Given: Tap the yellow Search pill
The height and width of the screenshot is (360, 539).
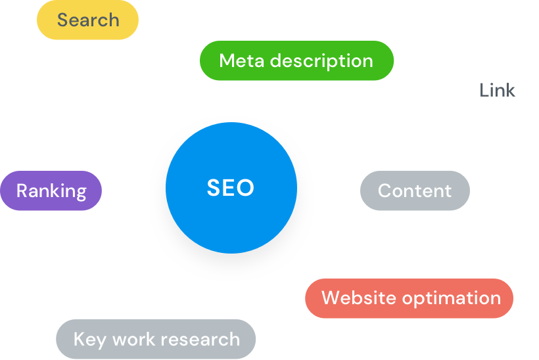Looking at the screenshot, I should tap(87, 20).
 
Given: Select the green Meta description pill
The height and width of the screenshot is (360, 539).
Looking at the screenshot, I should tap(296, 61).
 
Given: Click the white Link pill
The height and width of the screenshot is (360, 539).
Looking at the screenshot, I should tap(497, 91).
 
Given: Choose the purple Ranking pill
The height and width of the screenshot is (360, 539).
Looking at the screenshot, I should tap(51, 191).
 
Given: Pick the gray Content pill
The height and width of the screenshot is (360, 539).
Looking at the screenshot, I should tap(415, 191).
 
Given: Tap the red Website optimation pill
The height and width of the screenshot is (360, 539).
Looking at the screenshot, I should tap(409, 298).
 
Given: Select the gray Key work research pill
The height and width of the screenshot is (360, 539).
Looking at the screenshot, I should tap(156, 340).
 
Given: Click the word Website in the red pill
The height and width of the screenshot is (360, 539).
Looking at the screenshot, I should tap(358, 298).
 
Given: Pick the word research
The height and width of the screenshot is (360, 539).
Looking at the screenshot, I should tap(200, 340).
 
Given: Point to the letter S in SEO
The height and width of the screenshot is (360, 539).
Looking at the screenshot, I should tap(213, 189).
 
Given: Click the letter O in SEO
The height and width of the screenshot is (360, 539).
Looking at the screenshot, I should tap(245, 189).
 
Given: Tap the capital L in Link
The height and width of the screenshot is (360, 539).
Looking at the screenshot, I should tap(484, 91).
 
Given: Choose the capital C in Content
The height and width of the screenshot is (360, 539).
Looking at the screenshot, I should tap(385, 191).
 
